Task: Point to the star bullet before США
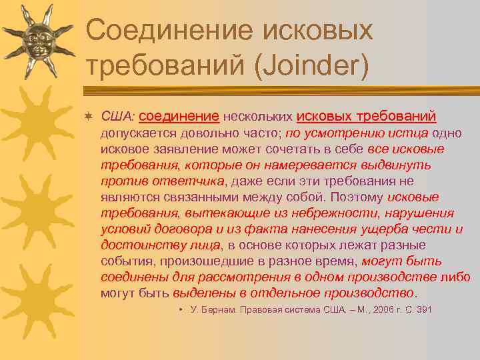[89, 117]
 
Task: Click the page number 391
[424, 309]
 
